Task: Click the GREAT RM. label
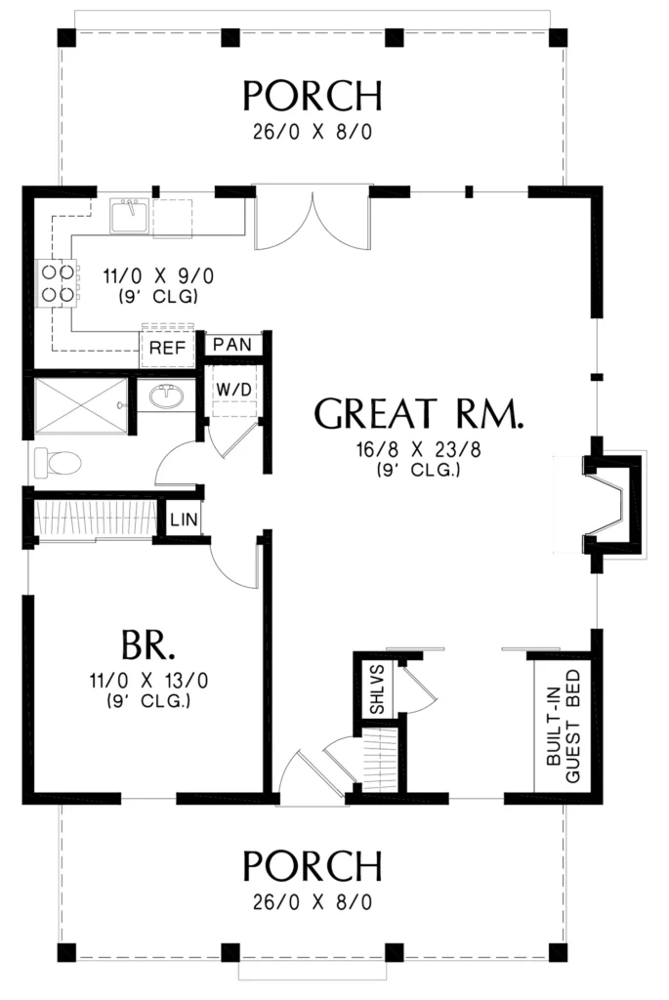[x=419, y=413]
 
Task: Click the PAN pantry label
[x=232, y=345]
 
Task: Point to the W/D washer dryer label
[x=233, y=389]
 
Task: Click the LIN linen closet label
[x=184, y=520]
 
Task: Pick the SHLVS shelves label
[x=377, y=689]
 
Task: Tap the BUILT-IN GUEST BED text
[x=564, y=726]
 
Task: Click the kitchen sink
[x=130, y=216]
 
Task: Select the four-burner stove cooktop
[x=57, y=283]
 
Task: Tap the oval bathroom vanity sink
[x=167, y=396]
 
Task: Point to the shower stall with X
[x=80, y=405]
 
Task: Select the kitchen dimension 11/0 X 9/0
[x=158, y=276]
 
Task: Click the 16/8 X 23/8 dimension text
[x=418, y=449]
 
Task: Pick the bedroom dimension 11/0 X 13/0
[x=148, y=681]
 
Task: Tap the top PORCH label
[x=313, y=96]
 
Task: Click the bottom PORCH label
[x=313, y=865]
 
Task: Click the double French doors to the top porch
[x=313, y=217]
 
